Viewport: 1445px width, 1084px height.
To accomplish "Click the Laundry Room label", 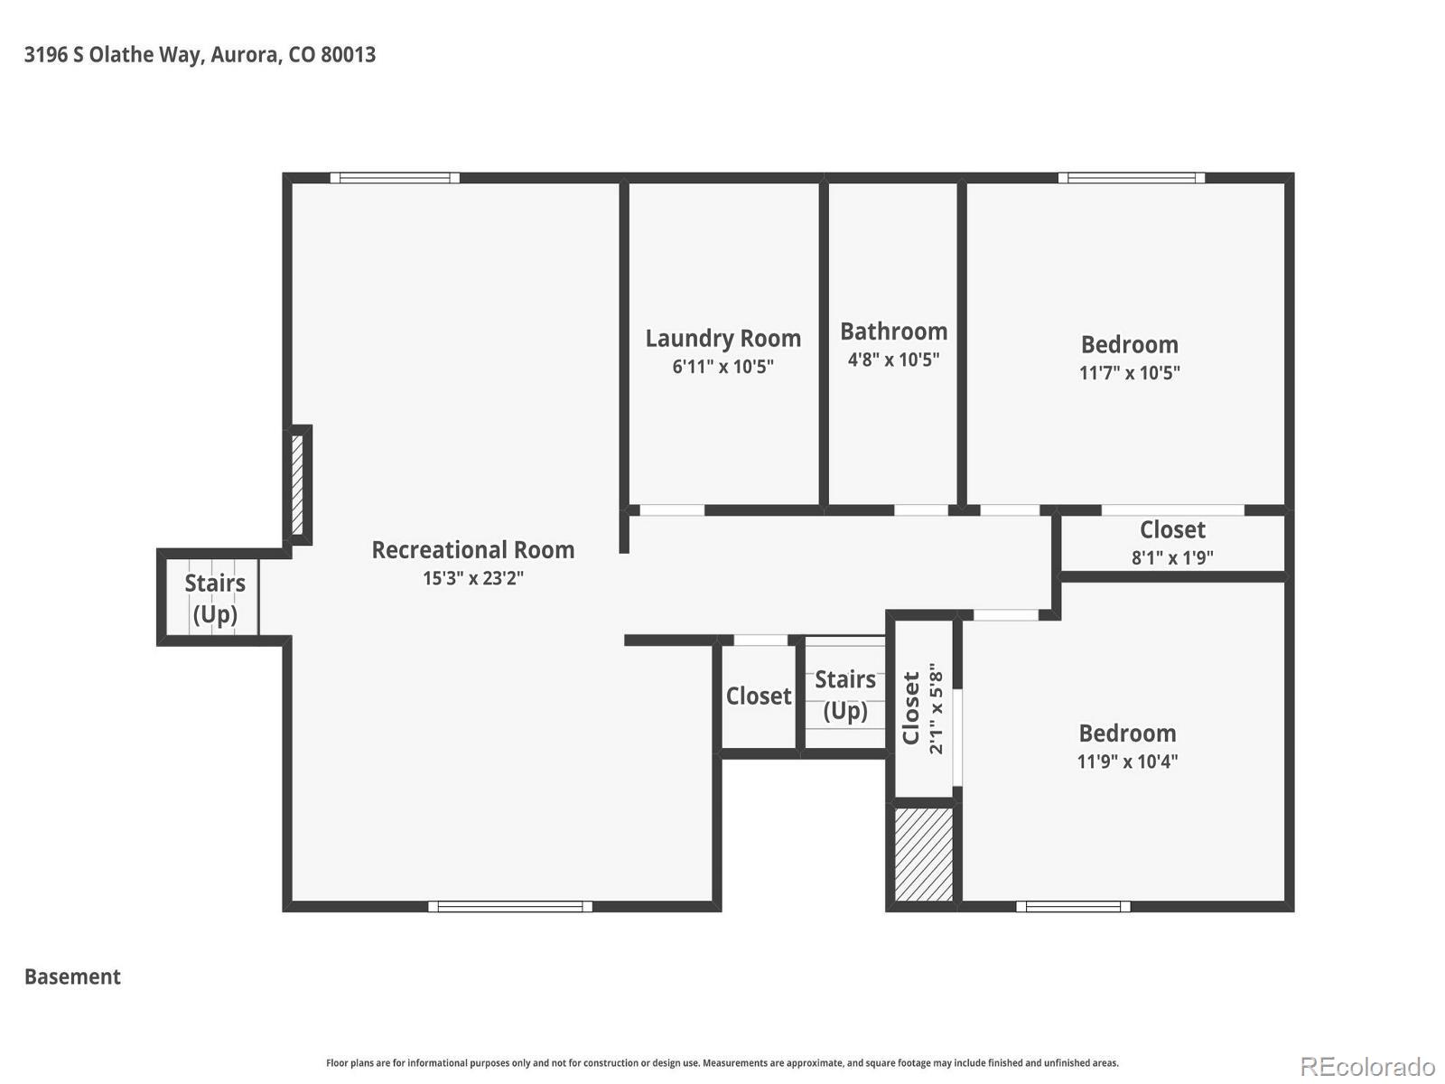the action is pos(722,338).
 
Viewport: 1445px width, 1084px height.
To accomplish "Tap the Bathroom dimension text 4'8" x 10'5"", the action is pos(893,360).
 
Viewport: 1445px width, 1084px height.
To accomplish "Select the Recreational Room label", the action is pos(472,549).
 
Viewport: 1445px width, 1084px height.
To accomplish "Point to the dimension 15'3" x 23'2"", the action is pos(472,578).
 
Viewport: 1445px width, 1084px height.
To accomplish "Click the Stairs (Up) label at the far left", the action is pos(215,598).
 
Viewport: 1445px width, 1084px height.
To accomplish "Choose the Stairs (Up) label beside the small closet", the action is pos(845,695).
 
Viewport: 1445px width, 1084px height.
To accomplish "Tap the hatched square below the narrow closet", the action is pos(924,854).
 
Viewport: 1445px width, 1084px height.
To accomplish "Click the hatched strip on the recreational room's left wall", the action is pos(297,484).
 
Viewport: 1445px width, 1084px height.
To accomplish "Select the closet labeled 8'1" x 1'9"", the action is pos(1172,543).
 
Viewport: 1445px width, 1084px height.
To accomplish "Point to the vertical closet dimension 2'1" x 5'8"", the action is pos(936,708).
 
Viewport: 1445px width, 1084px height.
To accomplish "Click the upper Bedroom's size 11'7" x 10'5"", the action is pos(1129,372).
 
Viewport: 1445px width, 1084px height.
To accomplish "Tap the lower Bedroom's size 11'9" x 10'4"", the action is pos(1127,762).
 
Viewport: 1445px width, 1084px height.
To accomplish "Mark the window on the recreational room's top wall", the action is pos(395,178).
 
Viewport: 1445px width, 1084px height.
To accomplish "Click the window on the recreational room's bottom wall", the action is pos(510,906).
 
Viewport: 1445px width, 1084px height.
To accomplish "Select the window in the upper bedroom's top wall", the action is pos(1131,178).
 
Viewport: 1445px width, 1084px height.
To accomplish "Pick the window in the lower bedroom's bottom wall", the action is pos(1073,906).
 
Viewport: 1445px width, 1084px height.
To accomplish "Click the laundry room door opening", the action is pos(672,510).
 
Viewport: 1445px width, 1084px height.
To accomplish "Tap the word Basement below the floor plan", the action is pos(72,977).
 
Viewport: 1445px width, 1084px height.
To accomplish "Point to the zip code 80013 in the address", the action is pos(349,54).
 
